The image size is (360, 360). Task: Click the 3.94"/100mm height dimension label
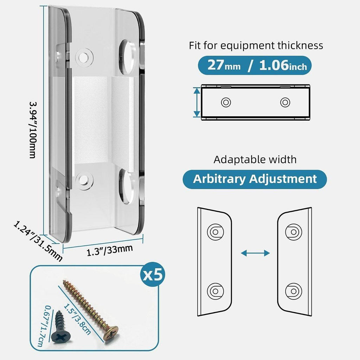pyautogui.click(x=32, y=130)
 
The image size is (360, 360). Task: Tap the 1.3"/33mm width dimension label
pyautogui.click(x=110, y=250)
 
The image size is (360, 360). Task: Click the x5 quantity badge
pyautogui.click(x=153, y=274)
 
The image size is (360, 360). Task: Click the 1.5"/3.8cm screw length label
pyautogui.click(x=77, y=319)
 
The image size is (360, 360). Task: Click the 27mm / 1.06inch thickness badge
pyautogui.click(x=255, y=65)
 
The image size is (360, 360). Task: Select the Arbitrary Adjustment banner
pyautogui.click(x=255, y=179)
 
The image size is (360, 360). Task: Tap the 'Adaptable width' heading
pyautogui.click(x=255, y=160)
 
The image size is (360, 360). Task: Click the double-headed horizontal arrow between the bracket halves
pyautogui.click(x=255, y=253)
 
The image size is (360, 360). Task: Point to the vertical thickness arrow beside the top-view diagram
pyautogui.click(x=197, y=102)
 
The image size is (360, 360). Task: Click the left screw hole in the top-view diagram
pyautogui.click(x=226, y=102)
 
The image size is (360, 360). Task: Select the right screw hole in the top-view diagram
pyautogui.click(x=285, y=102)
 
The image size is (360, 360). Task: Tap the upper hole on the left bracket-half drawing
pyautogui.click(x=216, y=232)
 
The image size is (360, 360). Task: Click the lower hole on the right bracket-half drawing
pyautogui.click(x=294, y=291)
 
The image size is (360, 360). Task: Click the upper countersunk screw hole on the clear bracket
pyautogui.click(x=84, y=57)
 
